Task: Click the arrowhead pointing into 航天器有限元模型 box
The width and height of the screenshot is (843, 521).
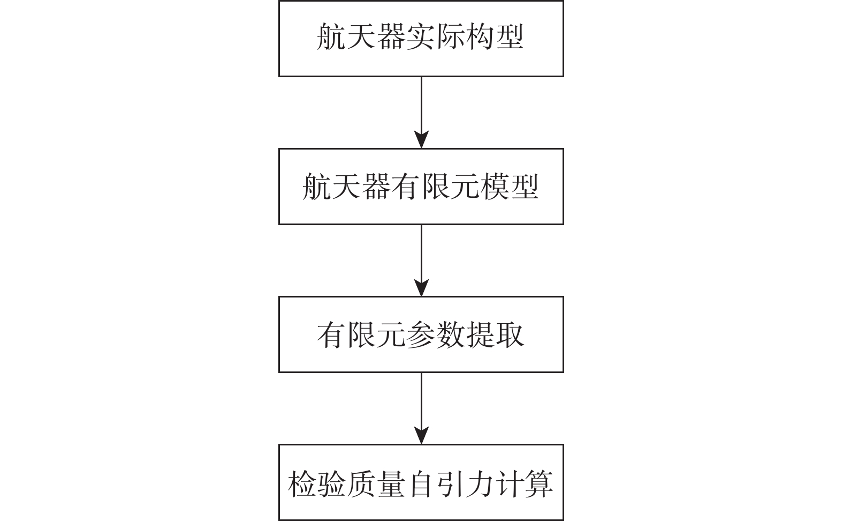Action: point(422,139)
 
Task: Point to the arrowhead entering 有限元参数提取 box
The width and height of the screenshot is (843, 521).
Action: point(422,288)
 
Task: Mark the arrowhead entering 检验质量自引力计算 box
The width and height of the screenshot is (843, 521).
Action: point(422,435)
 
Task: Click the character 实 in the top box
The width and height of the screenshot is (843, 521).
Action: point(421,37)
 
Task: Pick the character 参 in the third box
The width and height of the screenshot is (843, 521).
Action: point(421,335)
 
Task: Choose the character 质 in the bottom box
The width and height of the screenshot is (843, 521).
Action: point(362,483)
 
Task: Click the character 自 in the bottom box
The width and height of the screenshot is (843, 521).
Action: point(421,483)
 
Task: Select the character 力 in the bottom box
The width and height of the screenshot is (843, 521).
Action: point(480,483)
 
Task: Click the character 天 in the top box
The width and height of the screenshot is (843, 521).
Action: point(362,37)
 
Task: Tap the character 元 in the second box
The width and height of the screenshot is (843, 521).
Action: point(465,186)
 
